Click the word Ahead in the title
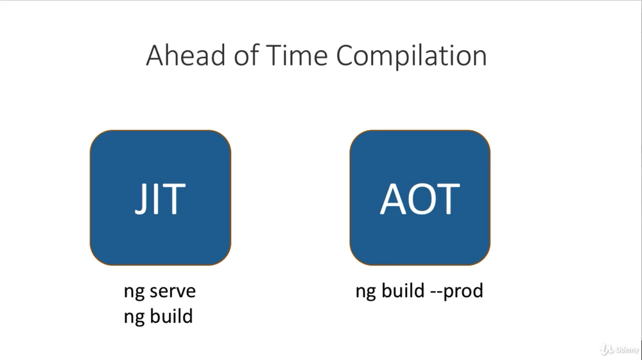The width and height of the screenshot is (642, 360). [x=186, y=55]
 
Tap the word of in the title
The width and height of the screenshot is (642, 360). [x=246, y=55]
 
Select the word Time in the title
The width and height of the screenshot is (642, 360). [x=297, y=55]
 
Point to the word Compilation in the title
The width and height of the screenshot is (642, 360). [x=412, y=56]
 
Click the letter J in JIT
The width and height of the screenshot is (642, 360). [x=141, y=199]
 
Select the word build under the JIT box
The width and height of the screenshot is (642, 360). [x=171, y=316]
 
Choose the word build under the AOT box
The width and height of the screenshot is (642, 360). [x=403, y=291]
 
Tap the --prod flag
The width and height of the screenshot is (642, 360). [x=457, y=292]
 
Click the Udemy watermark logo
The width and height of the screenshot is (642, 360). [x=620, y=349]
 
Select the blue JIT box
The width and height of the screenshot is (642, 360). [x=160, y=198]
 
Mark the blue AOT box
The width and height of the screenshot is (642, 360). [x=420, y=198]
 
